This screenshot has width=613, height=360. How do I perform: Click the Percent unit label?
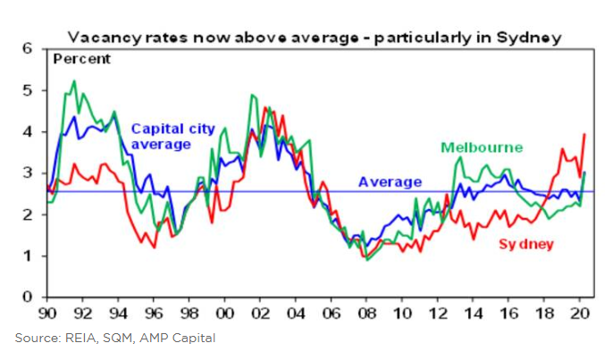82,59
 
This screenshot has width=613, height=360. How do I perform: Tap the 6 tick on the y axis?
27,48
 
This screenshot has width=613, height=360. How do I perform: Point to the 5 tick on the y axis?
27,90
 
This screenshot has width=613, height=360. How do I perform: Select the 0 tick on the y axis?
27,297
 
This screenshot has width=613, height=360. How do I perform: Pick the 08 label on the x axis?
365,314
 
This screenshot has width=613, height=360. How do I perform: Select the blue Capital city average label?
172,136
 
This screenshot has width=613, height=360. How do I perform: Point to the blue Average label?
390,182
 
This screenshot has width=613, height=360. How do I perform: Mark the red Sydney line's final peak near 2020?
584,134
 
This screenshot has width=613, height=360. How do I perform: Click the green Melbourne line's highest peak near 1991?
73,81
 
